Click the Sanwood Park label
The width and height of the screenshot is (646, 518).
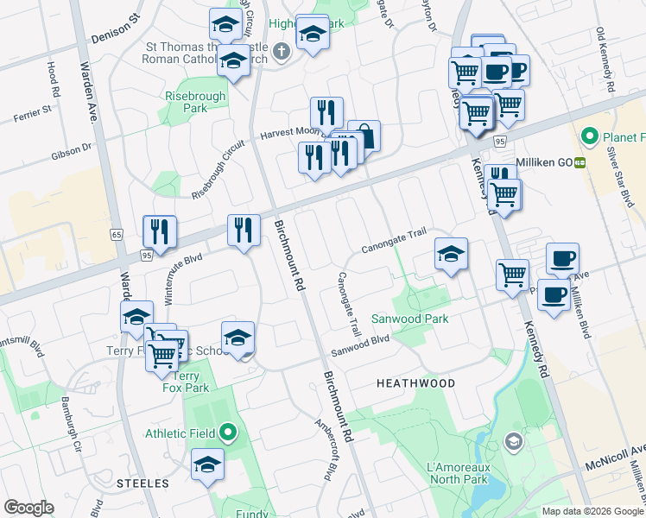(410, 319)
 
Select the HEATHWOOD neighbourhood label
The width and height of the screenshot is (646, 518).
(415, 382)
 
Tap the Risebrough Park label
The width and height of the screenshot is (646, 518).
(195, 102)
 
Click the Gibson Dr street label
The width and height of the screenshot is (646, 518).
(72, 153)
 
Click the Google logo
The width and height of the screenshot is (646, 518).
(28, 508)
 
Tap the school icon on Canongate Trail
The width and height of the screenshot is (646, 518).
(451, 255)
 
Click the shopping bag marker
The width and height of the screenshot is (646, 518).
(364, 136)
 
